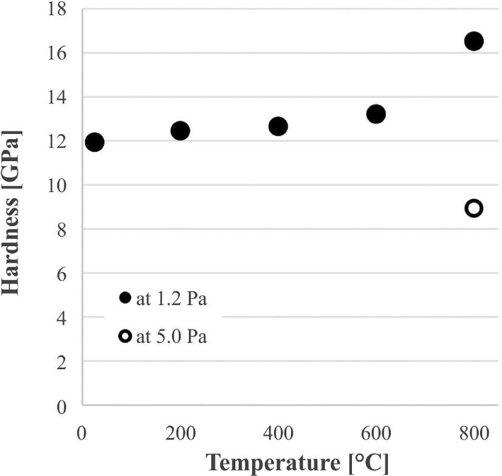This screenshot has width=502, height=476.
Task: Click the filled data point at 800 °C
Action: click(473, 41)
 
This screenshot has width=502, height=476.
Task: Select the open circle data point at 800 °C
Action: click(473, 208)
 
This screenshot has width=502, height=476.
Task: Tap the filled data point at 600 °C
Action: click(376, 114)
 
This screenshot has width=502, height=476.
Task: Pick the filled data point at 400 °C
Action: click(278, 126)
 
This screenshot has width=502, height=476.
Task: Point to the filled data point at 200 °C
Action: click(180, 130)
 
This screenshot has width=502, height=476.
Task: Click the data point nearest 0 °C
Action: click(94, 142)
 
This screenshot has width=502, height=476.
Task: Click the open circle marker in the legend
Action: click(125, 336)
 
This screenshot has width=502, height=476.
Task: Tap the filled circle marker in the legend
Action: click(125, 298)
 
